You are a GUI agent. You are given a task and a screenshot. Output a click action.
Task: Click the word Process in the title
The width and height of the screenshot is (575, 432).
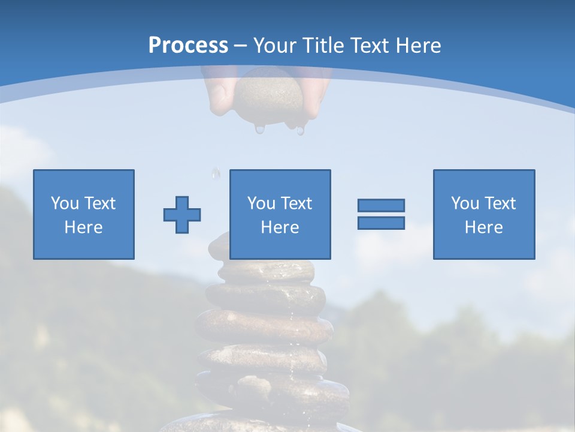point(188,46)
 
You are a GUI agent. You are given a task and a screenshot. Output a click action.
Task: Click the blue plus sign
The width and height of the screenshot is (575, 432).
point(182,215)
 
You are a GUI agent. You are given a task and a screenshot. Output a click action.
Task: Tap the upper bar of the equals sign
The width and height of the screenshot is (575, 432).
point(381,205)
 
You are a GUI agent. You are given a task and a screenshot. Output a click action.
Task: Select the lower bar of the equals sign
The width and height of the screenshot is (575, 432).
point(381,223)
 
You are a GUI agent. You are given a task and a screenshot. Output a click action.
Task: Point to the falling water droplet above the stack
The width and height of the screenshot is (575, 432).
point(216,173)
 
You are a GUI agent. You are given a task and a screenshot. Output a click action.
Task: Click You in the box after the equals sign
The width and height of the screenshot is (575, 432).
point(465,203)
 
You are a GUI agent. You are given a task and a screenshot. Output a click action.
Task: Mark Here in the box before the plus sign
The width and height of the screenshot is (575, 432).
point(84,227)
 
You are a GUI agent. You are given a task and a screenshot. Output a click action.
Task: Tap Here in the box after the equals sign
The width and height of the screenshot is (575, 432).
point(484,227)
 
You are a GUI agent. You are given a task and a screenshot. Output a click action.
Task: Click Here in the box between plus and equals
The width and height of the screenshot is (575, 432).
point(280,227)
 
